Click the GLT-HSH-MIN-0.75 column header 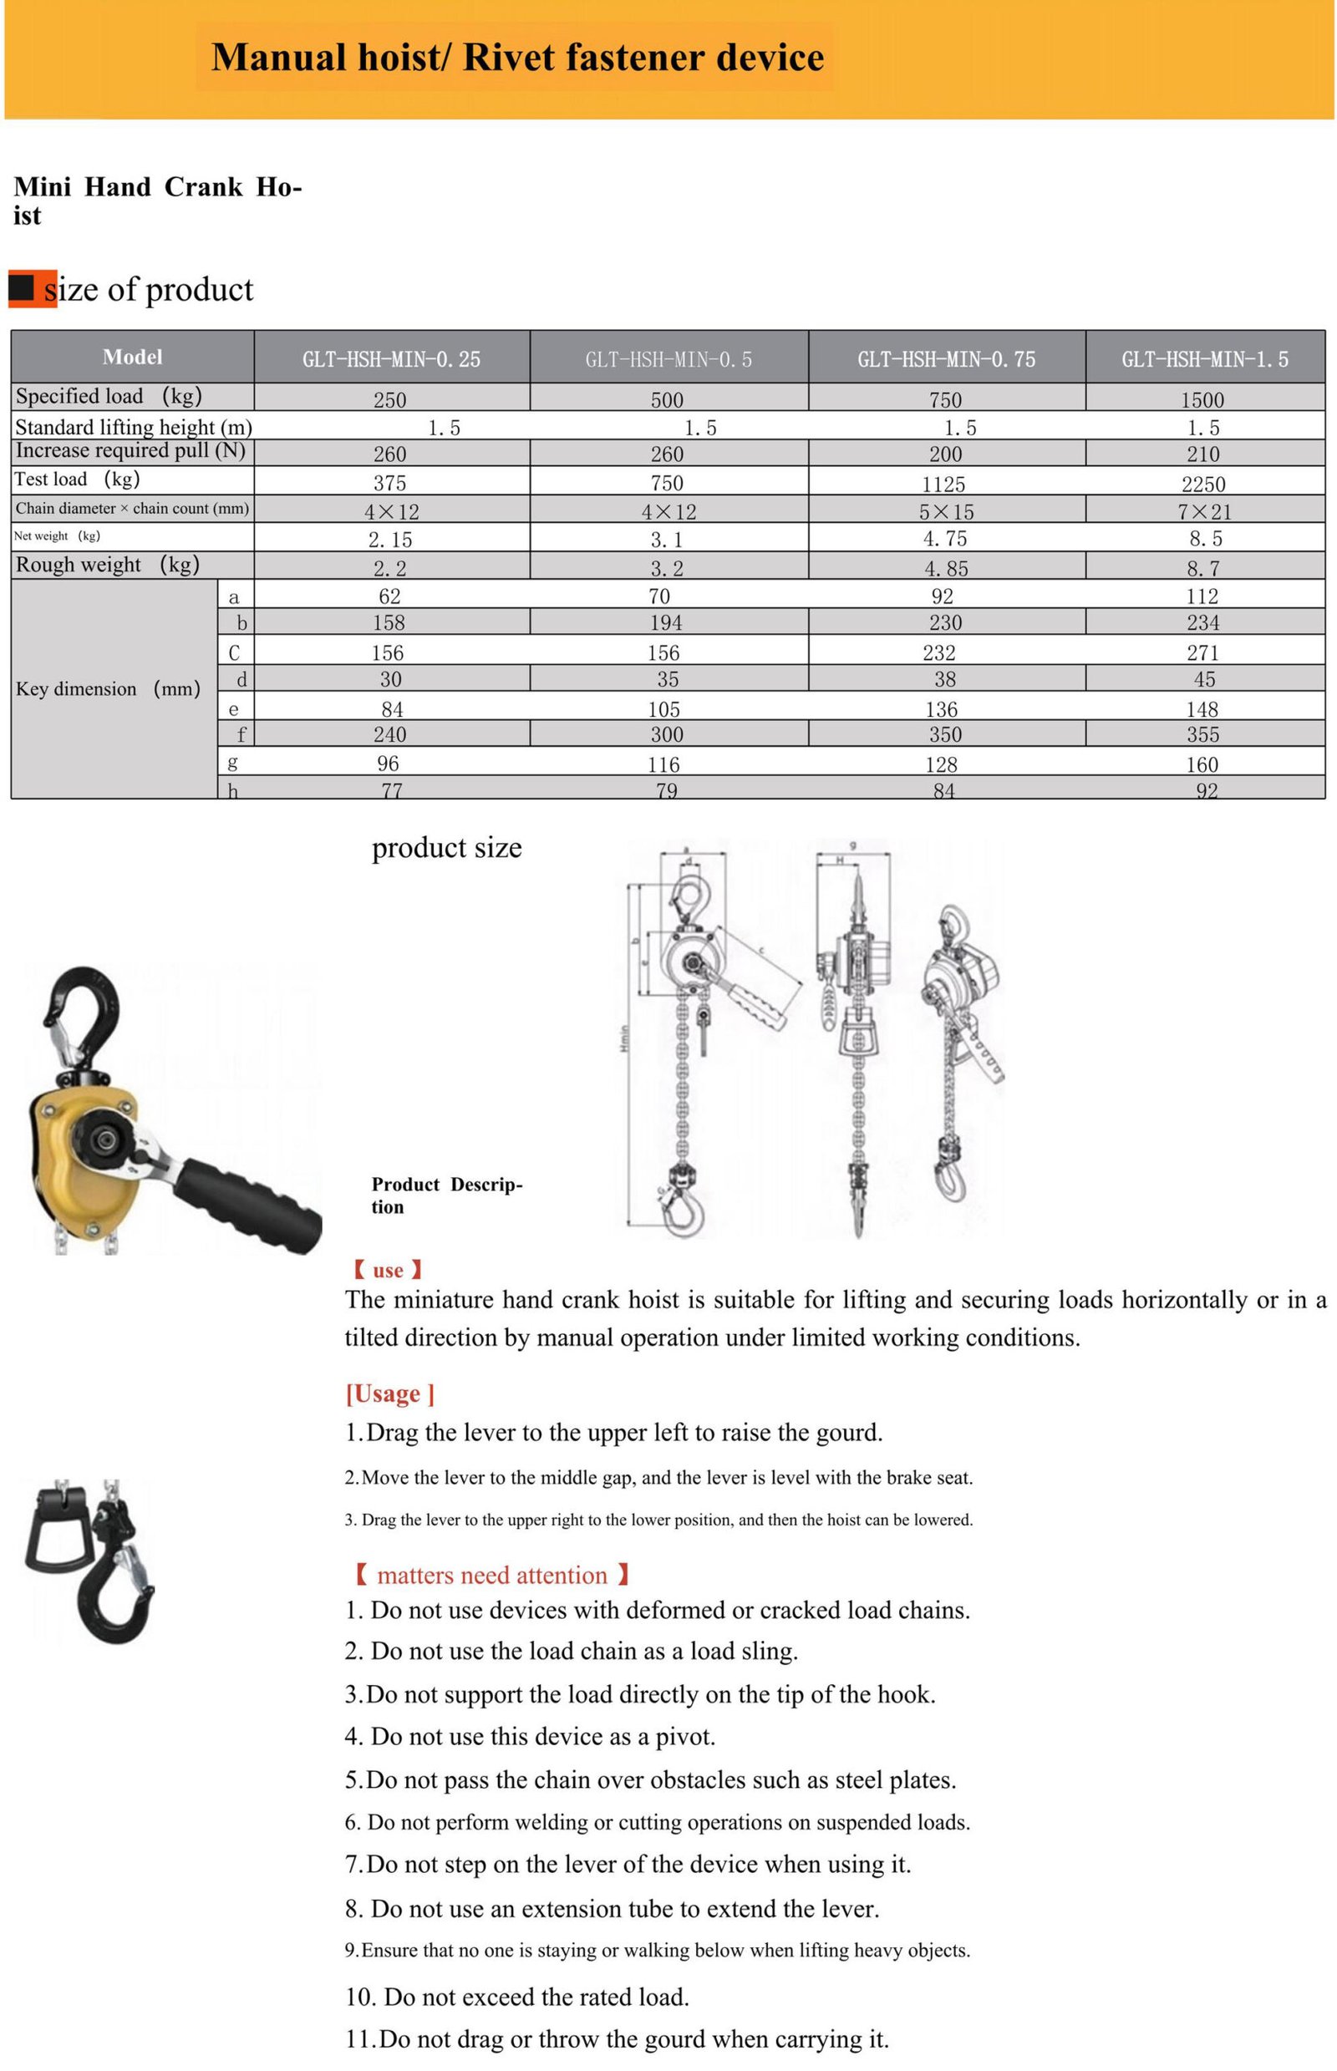[x=945, y=358]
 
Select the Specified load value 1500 [x=1202, y=399]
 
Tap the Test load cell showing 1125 [x=943, y=484]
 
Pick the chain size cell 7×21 [x=1203, y=511]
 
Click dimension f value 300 [x=667, y=734]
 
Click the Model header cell [x=132, y=357]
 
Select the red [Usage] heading [x=389, y=1393]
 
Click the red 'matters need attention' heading [x=491, y=1575]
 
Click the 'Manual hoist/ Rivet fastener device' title [x=516, y=58]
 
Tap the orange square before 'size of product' [x=31, y=288]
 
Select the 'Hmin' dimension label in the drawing [x=623, y=1040]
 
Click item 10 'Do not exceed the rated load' [x=516, y=1997]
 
